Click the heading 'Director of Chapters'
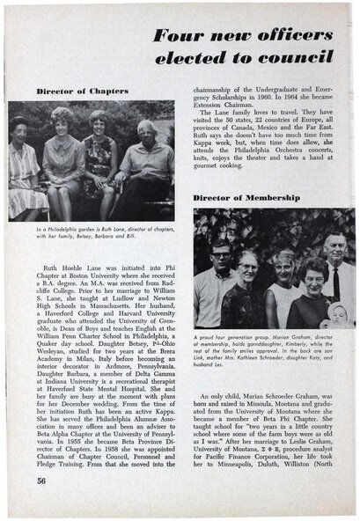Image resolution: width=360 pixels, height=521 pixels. coord(83,91)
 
